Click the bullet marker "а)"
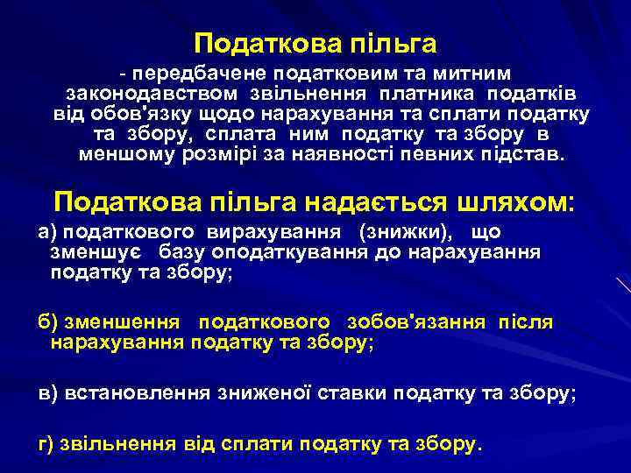pyautogui.click(x=47, y=232)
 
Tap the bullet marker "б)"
pyautogui.click(x=47, y=322)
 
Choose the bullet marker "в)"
pyautogui.click(x=47, y=394)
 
